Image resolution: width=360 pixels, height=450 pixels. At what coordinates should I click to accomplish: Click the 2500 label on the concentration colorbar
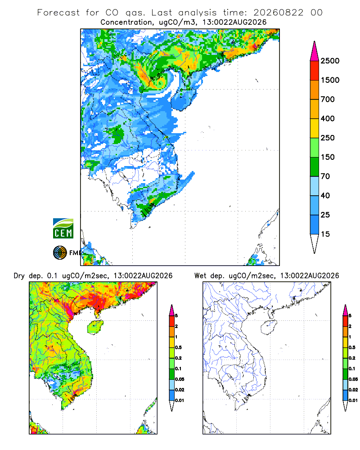pos(330,61)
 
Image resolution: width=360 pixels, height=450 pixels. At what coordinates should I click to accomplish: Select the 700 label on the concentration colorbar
pos(328,99)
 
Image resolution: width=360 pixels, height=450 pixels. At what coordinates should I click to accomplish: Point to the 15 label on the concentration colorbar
pos(325,234)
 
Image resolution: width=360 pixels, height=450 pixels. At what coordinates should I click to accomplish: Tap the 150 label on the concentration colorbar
pos(328,157)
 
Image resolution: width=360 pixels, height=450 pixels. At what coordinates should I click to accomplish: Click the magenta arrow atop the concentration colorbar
pos(315,52)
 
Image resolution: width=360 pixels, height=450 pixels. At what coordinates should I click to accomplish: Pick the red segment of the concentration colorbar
pos(315,71)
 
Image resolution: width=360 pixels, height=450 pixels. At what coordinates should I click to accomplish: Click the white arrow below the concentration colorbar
pos(315,243)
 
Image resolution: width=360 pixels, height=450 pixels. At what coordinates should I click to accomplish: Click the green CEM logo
pos(63,229)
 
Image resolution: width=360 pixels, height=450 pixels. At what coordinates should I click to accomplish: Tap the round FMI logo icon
pos(60,253)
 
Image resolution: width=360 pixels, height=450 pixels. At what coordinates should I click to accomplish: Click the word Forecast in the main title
pos(58,13)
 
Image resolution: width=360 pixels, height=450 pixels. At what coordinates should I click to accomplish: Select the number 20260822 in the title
pos(278,13)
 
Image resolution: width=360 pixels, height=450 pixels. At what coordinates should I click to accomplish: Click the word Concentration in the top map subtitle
pos(126,22)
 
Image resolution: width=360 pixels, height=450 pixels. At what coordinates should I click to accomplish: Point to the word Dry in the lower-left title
pos(19,276)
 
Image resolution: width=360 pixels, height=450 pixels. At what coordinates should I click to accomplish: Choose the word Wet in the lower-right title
pos(200,276)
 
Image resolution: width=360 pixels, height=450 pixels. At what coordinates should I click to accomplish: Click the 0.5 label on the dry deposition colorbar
pos(178,347)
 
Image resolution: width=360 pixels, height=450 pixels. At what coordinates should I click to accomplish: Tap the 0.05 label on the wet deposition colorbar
pos(353,379)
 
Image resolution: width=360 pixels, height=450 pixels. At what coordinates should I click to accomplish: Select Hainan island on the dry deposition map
pos(95,327)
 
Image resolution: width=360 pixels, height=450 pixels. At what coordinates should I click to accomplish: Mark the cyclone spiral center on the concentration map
pos(160,82)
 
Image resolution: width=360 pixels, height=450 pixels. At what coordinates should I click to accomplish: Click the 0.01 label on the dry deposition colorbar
pos(180,400)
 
